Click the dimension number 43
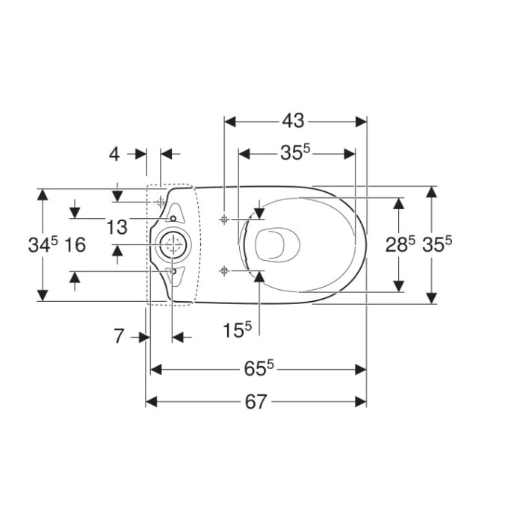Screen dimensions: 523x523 (x=293, y=121)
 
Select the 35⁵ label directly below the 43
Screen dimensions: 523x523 (x=295, y=152)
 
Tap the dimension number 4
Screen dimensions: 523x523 (x=114, y=155)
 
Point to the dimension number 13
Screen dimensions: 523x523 (x=117, y=227)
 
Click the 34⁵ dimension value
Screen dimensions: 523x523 (x=43, y=244)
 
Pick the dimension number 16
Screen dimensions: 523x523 (x=75, y=245)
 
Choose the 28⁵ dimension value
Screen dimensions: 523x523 (x=400, y=244)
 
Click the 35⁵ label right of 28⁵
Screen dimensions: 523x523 (x=437, y=244)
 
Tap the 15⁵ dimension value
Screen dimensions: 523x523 (x=237, y=330)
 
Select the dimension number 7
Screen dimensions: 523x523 (x=119, y=336)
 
